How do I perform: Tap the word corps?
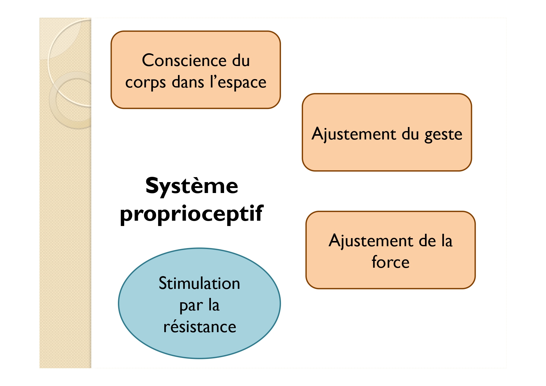pyautogui.click(x=145, y=83)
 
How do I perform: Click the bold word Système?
pyautogui.click(x=192, y=186)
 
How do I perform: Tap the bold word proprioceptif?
pyautogui.click(x=191, y=214)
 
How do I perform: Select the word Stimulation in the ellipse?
pyautogui.click(x=199, y=283)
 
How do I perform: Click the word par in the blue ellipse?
pyautogui.click(x=191, y=306)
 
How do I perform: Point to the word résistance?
pyautogui.click(x=200, y=327)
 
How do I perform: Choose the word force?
pyautogui.click(x=390, y=262)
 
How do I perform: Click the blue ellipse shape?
pyautogui.click(x=199, y=303)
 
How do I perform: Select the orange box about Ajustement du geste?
pyautogui.click(x=387, y=132)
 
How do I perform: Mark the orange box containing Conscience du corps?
pyautogui.click(x=196, y=70)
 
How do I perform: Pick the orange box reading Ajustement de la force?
pyautogui.click(x=390, y=250)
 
